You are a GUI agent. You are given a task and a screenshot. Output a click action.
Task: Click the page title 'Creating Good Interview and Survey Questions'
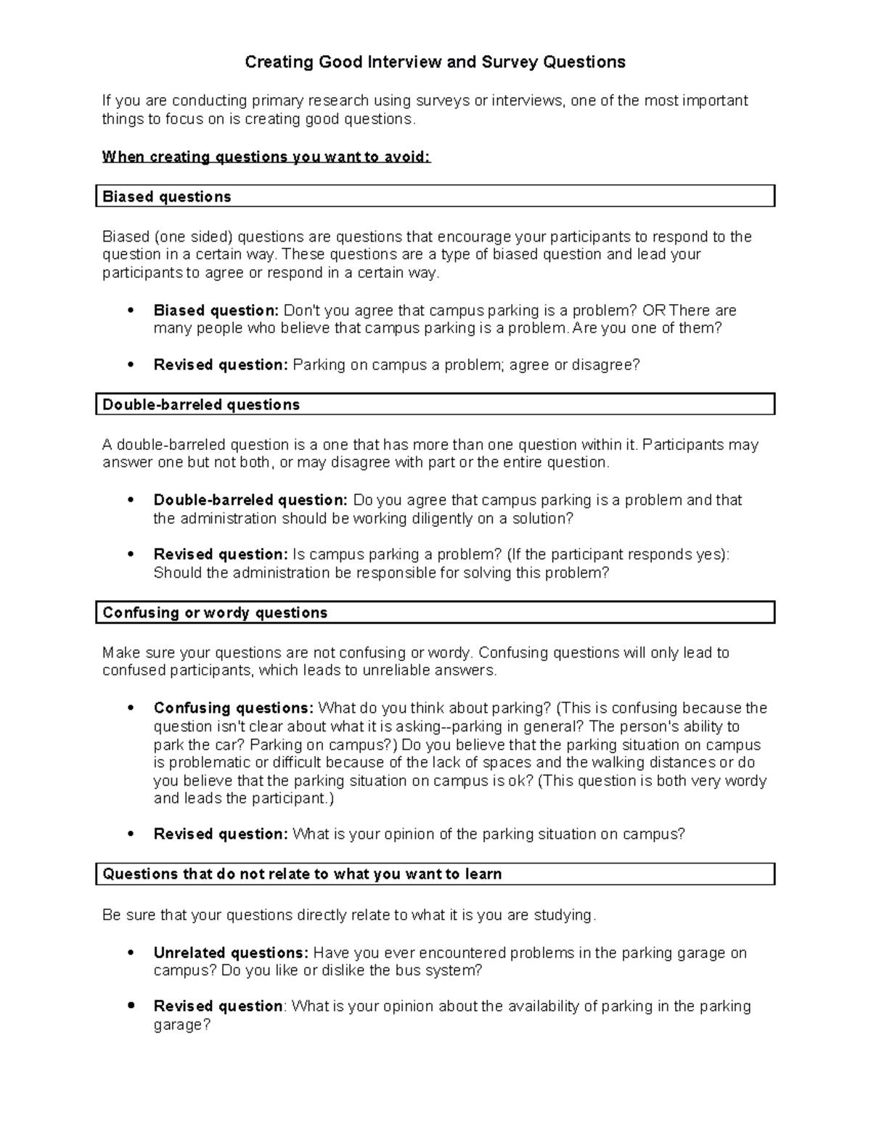pos(435,62)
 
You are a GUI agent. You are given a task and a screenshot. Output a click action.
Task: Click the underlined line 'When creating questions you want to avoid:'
pos(266,157)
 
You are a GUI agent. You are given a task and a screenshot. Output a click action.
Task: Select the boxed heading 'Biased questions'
pos(167,197)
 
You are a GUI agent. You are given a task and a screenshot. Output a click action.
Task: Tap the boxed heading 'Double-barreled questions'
pos(201,404)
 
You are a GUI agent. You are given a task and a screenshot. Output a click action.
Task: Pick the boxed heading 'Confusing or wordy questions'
pos(215,612)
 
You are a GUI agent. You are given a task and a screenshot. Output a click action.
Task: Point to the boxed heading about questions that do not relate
pos(302,874)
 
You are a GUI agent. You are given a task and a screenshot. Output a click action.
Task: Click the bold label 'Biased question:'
pos(216,311)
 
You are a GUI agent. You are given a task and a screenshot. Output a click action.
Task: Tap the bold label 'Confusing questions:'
pos(233,708)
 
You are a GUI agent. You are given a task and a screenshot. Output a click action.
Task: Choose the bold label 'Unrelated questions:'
pos(231,953)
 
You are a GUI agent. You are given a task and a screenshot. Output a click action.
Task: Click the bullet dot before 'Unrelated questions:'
pos(131,953)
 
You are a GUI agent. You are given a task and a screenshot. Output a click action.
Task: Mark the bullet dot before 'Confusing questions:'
pos(131,708)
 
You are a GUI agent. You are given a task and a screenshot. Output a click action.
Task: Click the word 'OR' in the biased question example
pos(653,311)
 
